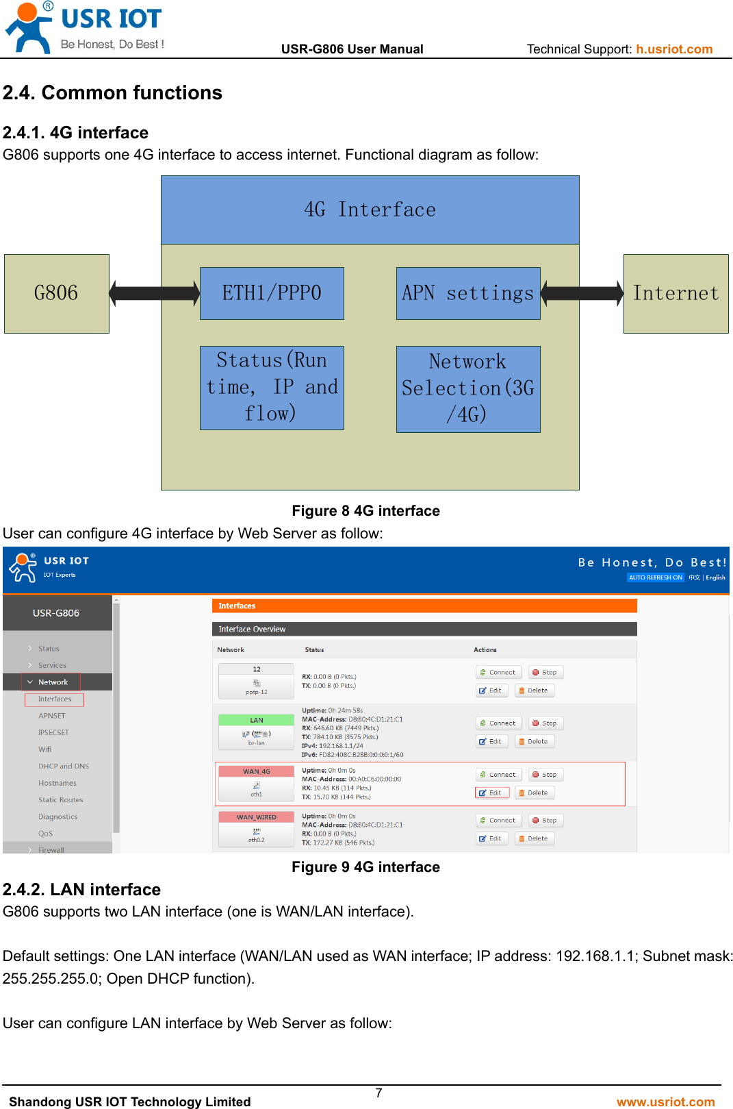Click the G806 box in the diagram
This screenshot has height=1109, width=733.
[57, 294]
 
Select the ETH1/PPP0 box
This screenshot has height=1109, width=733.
[272, 293]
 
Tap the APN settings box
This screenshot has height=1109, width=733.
[468, 293]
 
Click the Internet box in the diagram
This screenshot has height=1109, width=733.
[676, 294]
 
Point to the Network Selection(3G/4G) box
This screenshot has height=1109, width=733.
[468, 388]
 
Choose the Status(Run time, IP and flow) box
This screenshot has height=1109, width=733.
[272, 388]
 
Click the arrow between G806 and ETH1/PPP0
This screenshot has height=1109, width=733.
[155, 294]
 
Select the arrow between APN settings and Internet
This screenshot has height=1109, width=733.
[582, 294]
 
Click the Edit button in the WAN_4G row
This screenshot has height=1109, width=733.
[491, 793]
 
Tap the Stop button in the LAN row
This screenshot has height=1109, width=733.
[545, 723]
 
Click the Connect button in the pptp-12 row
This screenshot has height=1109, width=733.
[498, 673]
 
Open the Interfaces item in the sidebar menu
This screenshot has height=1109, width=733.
[55, 699]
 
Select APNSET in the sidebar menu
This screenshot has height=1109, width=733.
[52, 716]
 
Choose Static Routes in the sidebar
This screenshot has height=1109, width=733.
[61, 800]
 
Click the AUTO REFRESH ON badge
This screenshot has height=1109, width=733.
[655, 577]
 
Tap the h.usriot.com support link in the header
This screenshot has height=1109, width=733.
[674, 49]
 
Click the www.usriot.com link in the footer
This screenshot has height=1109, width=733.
[665, 1101]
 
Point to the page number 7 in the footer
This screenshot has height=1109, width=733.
[378, 1093]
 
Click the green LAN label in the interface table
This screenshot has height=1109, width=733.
[257, 720]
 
